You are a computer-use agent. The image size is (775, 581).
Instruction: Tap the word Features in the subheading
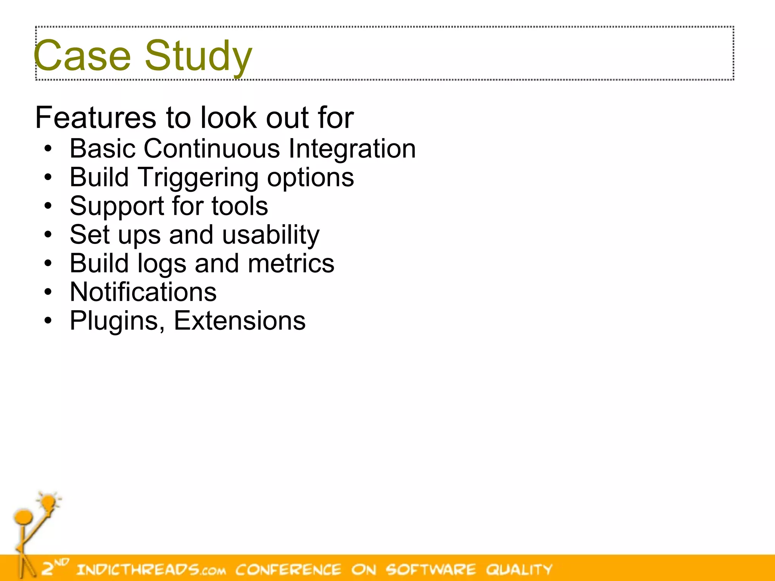click(x=95, y=118)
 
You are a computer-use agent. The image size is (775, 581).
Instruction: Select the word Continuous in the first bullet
click(x=212, y=148)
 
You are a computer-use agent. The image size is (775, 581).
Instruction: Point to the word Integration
click(x=352, y=148)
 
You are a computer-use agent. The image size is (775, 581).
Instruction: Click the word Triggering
click(x=198, y=177)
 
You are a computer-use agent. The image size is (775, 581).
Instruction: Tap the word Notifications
click(x=143, y=292)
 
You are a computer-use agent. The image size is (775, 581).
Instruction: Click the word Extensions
click(x=240, y=321)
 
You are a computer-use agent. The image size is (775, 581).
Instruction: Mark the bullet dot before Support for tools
click(x=48, y=207)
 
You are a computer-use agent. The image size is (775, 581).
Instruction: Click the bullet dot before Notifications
click(x=48, y=292)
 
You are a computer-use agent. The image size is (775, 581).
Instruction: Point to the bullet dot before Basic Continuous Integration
click(x=48, y=149)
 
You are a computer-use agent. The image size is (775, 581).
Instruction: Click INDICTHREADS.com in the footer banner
click(x=151, y=569)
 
